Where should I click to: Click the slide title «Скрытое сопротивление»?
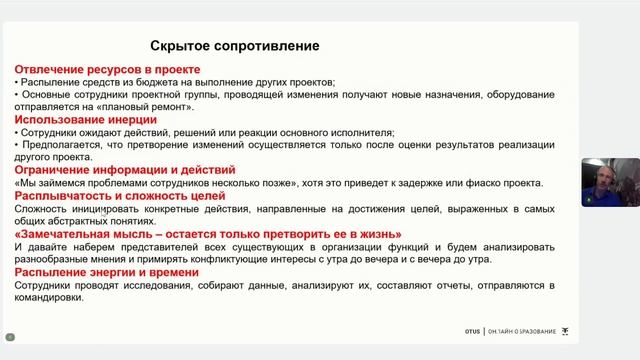tap(234, 46)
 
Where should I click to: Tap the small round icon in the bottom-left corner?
tap(10, 337)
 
